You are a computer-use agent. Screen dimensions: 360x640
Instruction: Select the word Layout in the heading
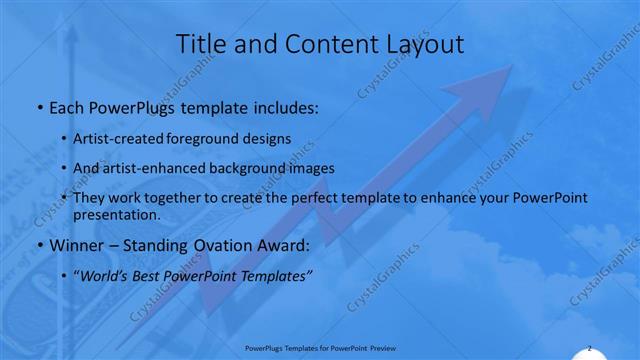(x=419, y=45)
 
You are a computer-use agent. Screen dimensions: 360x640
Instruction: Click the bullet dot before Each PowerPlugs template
(x=39, y=106)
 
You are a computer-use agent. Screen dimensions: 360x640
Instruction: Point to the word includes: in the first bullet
(x=286, y=106)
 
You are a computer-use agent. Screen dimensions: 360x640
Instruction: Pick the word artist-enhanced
(x=167, y=167)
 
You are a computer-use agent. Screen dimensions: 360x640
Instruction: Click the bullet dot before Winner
(x=39, y=246)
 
